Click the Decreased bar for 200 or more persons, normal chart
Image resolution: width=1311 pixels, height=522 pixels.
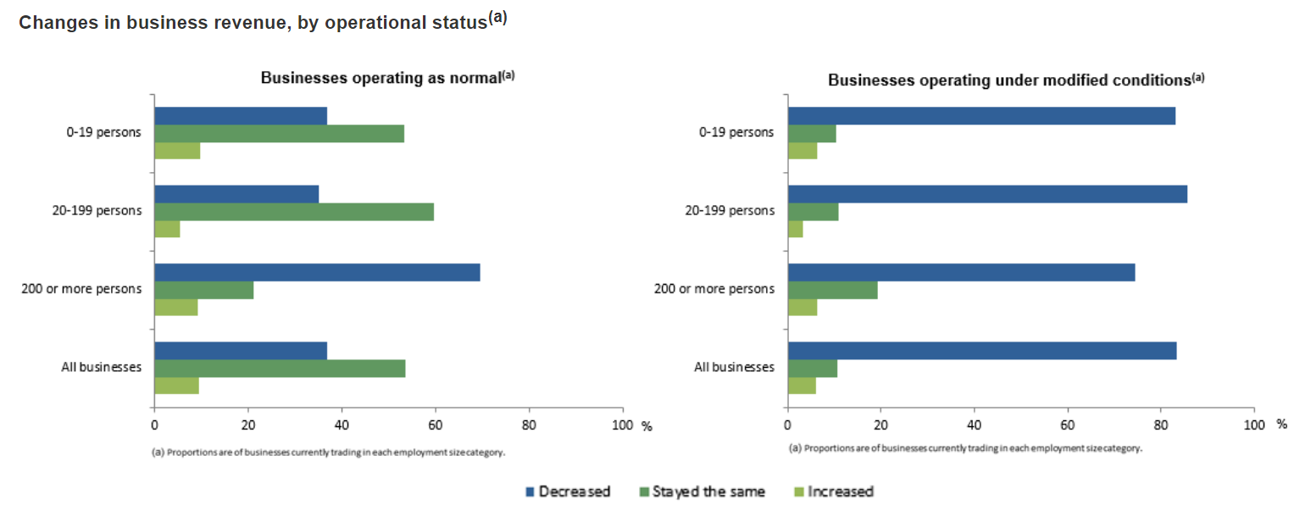(317, 272)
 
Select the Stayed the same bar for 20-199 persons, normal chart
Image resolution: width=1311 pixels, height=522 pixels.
(293, 212)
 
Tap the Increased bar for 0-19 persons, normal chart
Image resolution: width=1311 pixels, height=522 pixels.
(176, 151)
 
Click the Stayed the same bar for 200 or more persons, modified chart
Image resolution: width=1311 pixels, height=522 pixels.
(832, 290)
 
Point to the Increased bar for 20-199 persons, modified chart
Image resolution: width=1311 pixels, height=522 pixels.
(795, 229)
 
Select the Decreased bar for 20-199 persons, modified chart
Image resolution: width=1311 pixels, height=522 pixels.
(987, 194)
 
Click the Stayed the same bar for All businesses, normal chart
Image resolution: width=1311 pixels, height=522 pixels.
(280, 368)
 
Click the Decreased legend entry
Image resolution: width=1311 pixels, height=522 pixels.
(568, 491)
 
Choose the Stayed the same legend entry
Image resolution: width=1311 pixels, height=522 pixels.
(702, 491)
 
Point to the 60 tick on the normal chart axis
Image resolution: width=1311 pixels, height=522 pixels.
(436, 425)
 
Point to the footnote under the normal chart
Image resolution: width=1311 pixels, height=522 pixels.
(329, 453)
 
